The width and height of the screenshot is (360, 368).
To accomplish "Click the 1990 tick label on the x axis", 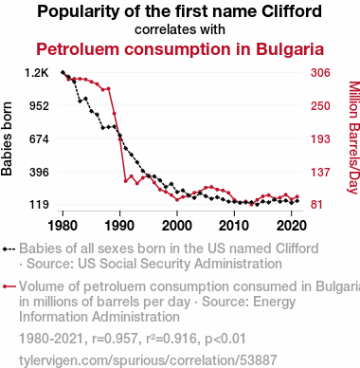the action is click(x=120, y=226).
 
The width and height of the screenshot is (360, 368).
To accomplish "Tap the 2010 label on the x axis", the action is click(x=234, y=226).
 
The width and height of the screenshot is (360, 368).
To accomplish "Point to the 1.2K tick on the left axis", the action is click(x=37, y=73).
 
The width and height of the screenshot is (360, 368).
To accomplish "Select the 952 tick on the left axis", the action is click(x=39, y=105).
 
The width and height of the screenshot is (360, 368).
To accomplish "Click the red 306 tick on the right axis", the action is click(x=320, y=73).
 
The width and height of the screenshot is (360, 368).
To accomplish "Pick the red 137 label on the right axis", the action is click(x=320, y=173).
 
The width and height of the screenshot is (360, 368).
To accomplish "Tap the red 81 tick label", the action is click(x=316, y=205).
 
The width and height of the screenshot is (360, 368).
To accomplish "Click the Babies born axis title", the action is click(x=7, y=138).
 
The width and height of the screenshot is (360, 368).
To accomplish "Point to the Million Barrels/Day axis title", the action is click(x=354, y=138).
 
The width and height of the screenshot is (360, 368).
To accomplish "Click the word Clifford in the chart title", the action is click(x=292, y=11).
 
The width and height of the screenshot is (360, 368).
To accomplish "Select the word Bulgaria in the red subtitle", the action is click(x=290, y=49).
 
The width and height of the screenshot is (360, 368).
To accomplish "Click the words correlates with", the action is click(x=180, y=29).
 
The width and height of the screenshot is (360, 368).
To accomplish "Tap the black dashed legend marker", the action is click(x=9, y=249).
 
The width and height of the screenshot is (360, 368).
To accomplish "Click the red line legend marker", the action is click(x=9, y=286).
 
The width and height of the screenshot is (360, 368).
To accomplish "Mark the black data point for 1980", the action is click(x=63, y=72).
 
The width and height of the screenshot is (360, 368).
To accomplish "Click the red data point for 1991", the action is click(x=125, y=181).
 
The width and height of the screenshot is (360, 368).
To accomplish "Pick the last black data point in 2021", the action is click(x=297, y=201).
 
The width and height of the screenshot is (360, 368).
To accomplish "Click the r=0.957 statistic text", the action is click(x=115, y=339).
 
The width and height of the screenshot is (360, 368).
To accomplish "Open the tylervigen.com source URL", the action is click(x=148, y=360).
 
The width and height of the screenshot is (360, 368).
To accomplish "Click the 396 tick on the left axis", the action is click(x=39, y=173).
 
